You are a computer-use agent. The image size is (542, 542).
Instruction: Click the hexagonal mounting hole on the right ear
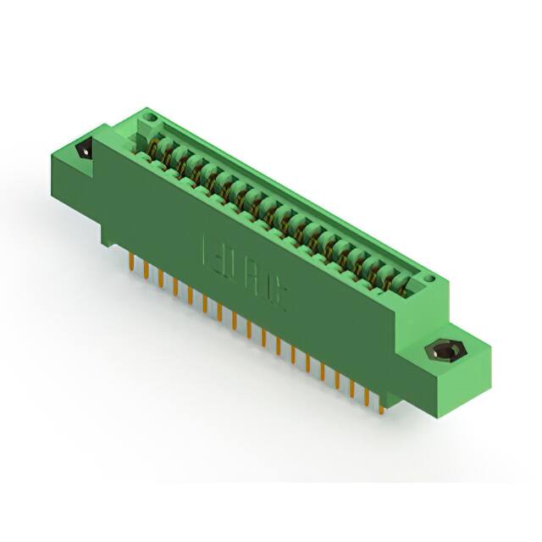[442, 351]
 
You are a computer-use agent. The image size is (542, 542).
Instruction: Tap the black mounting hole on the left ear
[84, 149]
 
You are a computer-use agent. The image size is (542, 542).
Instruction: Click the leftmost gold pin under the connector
[131, 257]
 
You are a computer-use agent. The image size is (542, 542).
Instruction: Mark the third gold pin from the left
[160, 279]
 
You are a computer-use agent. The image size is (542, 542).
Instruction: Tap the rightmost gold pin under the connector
[381, 405]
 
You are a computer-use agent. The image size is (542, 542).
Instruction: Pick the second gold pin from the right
[367, 396]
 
